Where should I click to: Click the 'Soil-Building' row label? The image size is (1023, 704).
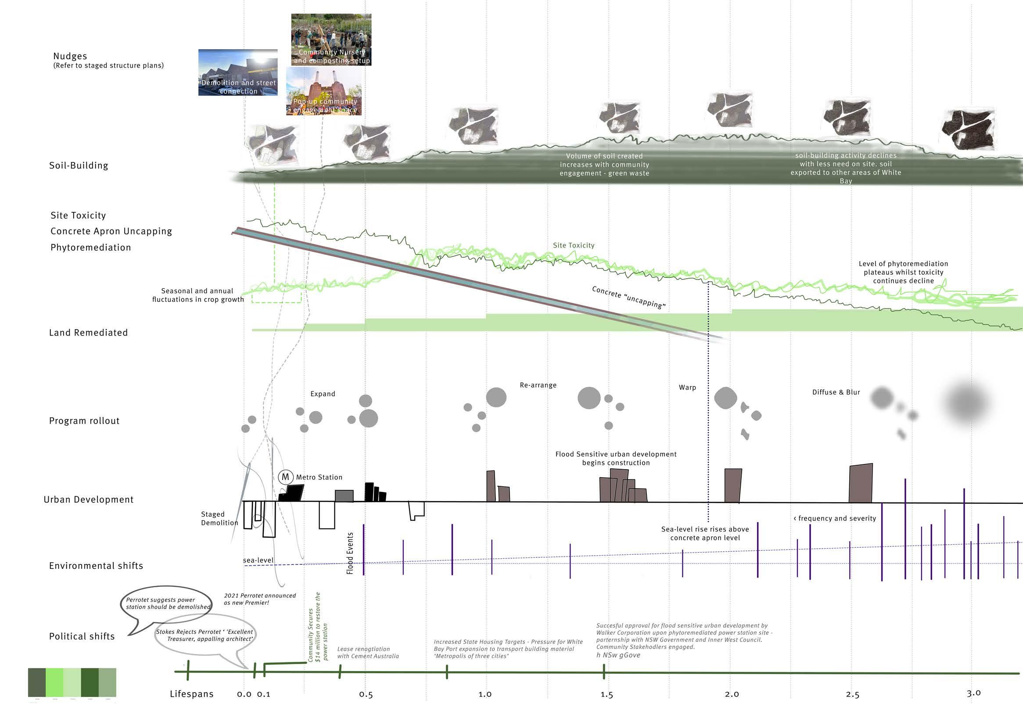[x=79, y=165]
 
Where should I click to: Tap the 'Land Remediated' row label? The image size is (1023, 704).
[x=88, y=333]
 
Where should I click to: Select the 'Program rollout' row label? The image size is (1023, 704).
[x=84, y=421]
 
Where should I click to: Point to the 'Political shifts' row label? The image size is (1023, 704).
[x=82, y=636]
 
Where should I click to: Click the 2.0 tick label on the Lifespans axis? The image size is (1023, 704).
[x=732, y=694]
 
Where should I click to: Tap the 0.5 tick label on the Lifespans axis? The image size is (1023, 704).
[x=366, y=694]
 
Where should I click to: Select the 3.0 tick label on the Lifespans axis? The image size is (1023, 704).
[x=973, y=693]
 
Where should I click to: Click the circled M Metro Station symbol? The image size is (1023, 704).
[x=286, y=477]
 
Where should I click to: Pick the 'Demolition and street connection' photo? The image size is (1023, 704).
[x=238, y=72]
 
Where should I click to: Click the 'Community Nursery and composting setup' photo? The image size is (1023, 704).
[x=331, y=40]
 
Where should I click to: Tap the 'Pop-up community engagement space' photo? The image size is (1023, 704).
[x=324, y=91]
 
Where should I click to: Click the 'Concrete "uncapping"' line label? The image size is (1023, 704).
[x=629, y=297]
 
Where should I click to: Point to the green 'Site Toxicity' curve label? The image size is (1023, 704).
[x=573, y=245]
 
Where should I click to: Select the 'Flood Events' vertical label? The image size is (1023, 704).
[x=350, y=553]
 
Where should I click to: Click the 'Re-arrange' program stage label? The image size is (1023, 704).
[x=538, y=385]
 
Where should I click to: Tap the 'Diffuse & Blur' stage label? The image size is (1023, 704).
[x=836, y=392]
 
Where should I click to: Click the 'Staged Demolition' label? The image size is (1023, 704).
[x=219, y=518]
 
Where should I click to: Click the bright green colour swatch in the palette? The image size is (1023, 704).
[x=54, y=682]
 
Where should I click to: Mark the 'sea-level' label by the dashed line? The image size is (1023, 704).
[x=258, y=560]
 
